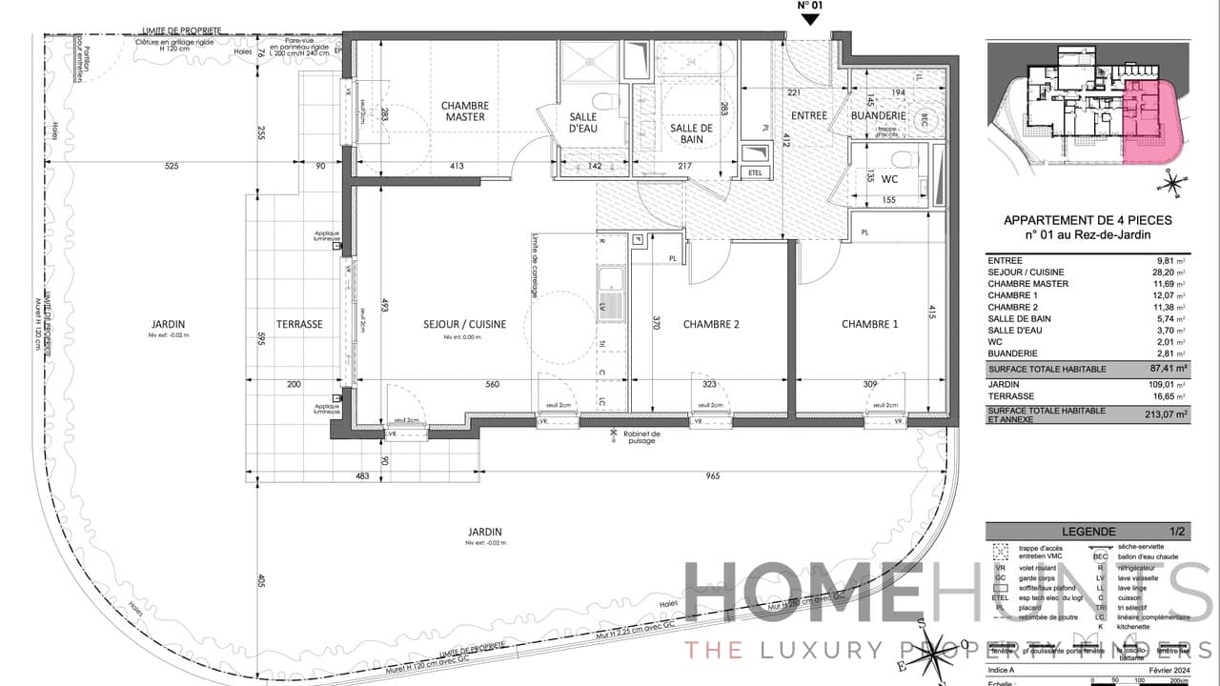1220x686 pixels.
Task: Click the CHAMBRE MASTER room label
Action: point(464,111)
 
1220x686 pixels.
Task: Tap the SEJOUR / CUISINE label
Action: point(464,324)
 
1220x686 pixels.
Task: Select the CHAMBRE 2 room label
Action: point(711,324)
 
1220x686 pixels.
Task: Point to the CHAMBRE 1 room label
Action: point(869,324)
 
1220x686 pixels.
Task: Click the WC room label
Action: point(888,178)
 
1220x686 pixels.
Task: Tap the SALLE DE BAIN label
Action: point(691,134)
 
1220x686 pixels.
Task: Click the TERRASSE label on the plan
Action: point(299,324)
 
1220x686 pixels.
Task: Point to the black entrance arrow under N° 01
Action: point(809,19)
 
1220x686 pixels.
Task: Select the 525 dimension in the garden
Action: point(172,167)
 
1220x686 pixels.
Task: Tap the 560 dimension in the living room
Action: point(492,384)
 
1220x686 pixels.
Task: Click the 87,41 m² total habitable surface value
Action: point(1167,367)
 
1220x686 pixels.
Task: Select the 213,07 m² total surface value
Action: point(1167,414)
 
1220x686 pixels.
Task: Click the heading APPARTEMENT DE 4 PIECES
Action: point(1088,220)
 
